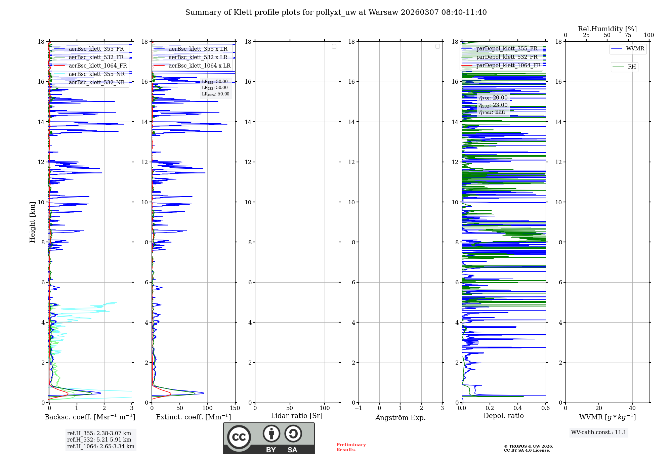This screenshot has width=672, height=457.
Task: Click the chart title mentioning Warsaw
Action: [x=336, y=12]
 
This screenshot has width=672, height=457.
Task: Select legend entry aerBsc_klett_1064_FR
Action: [x=97, y=66]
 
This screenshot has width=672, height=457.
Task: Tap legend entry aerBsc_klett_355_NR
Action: [x=96, y=74]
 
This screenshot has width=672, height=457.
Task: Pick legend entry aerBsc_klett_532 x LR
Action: [x=198, y=57]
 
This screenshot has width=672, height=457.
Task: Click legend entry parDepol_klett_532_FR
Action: [x=507, y=57]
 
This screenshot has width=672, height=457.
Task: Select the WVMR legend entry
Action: [x=635, y=49]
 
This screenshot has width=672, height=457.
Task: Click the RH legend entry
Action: [x=631, y=67]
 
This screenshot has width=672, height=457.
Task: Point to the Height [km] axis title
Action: [x=32, y=222]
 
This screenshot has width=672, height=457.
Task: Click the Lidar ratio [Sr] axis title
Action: [x=296, y=416]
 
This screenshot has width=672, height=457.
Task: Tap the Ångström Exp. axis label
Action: [x=400, y=418]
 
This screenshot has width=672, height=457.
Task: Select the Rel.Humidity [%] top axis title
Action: [x=607, y=29]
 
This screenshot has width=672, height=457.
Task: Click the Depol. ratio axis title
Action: [x=503, y=416]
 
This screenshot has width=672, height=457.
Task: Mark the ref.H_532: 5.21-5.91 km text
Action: [x=99, y=440]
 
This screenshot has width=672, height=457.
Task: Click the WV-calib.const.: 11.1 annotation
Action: [x=598, y=432]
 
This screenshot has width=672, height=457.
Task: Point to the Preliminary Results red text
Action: [x=351, y=447]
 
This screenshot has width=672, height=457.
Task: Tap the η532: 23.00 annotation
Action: [x=493, y=105]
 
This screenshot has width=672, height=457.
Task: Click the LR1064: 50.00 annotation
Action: [x=215, y=94]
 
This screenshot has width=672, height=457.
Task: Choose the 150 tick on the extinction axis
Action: [x=235, y=408]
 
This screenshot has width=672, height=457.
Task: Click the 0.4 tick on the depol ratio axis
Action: [x=518, y=408]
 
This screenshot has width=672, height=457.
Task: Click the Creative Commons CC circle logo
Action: [x=239, y=437]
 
